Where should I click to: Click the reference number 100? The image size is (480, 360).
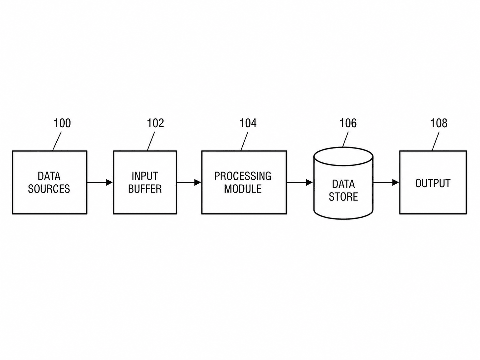point(62,123)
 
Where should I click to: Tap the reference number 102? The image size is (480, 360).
point(155,123)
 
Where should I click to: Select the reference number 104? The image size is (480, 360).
point(248,123)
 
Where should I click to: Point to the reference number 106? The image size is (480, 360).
point(348,123)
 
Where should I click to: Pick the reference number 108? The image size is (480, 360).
point(439,123)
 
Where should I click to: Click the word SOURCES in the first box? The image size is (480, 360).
point(49,189)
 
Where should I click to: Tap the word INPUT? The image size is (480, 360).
point(145,176)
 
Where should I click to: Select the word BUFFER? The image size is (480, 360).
point(145,189)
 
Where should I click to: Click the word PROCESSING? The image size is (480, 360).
point(243,176)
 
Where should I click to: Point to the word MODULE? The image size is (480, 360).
point(243,189)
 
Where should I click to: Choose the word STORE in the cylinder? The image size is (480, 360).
point(343,197)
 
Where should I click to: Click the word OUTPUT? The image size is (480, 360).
point(433,183)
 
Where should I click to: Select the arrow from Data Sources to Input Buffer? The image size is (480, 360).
point(100,182)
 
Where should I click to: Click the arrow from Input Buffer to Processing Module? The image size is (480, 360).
point(189,182)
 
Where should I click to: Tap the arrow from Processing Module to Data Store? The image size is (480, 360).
point(300,182)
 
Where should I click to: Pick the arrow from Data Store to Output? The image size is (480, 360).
point(386,182)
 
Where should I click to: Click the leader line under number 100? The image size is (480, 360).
point(57,141)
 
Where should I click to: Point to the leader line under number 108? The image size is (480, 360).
point(436,141)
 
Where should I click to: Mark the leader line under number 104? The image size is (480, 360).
point(244,141)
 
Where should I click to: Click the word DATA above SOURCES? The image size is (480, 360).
point(49,176)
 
